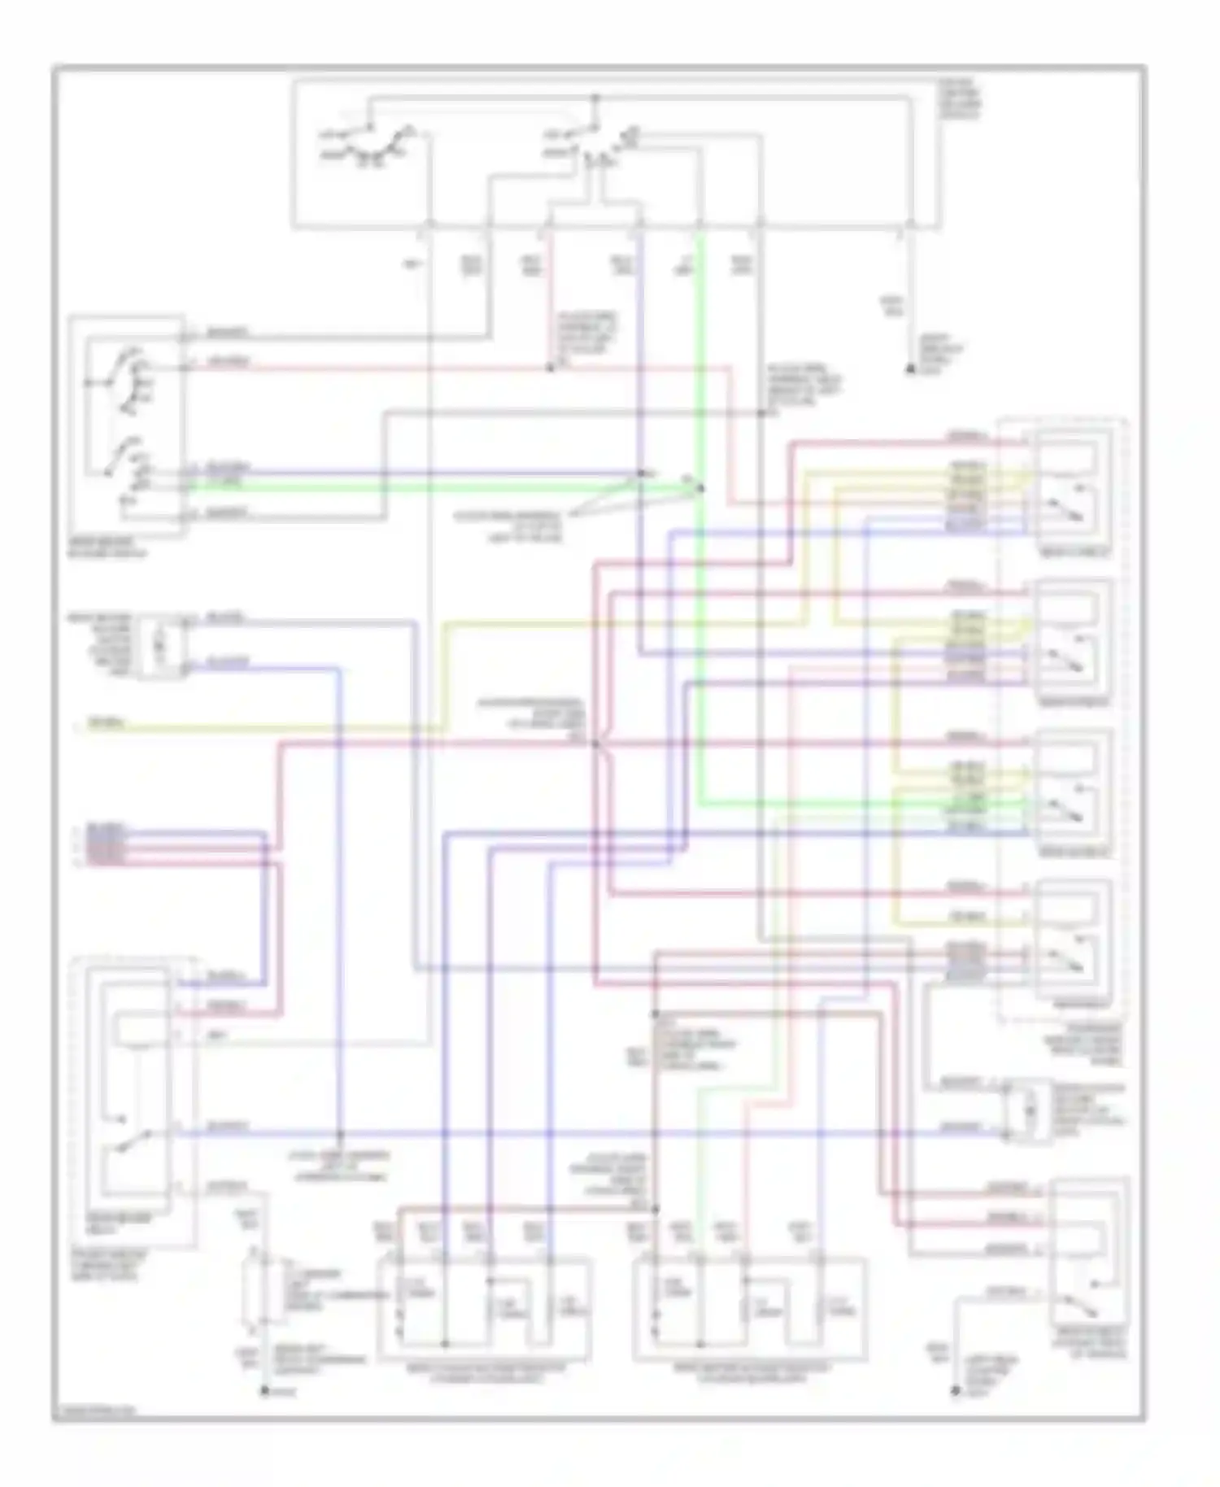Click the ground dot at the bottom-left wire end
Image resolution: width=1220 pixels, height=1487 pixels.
tap(264, 1392)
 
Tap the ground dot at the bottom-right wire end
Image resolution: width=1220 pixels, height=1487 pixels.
tap(956, 1392)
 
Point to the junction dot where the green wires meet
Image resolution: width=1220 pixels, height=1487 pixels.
tap(700, 488)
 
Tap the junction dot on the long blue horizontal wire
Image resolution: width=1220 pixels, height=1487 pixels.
tap(340, 1133)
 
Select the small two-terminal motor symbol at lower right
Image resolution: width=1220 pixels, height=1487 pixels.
tap(1028, 1110)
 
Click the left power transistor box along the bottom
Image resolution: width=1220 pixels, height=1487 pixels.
tap(485, 1308)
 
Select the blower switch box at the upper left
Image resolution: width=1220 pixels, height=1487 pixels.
tap(126, 425)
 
